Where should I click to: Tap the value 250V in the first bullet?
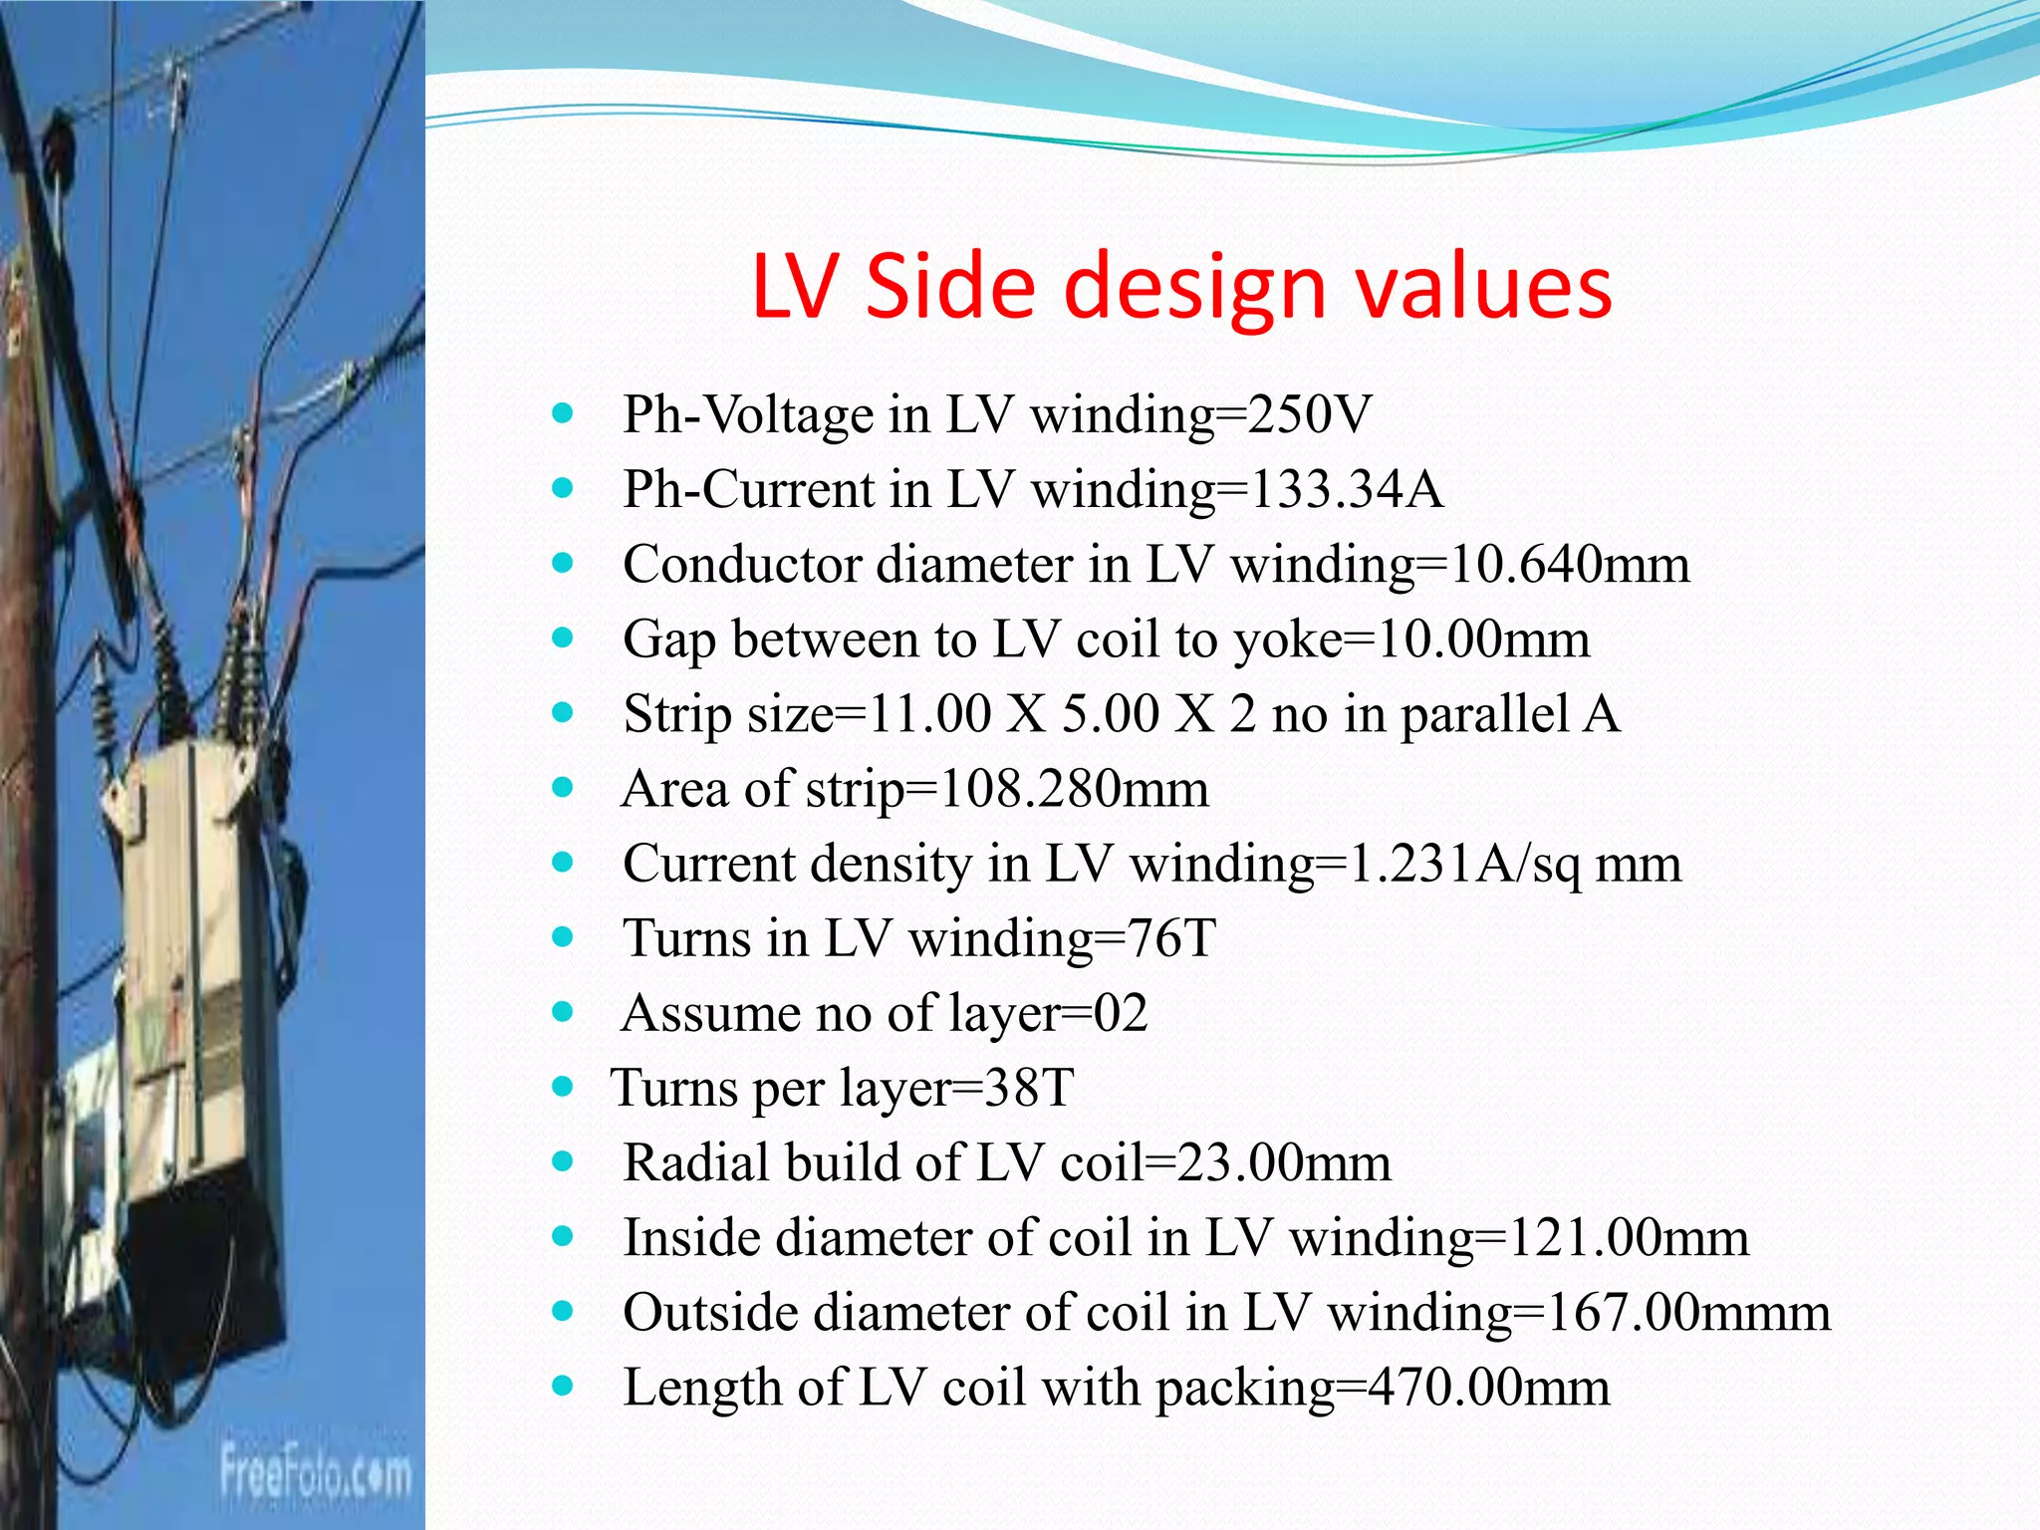click(x=1310, y=414)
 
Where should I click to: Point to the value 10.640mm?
click(x=1570, y=565)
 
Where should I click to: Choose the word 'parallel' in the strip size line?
click(x=1484, y=714)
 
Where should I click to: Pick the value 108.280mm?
click(x=1075, y=789)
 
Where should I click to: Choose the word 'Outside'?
click(x=710, y=1312)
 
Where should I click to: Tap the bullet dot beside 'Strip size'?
click(x=563, y=713)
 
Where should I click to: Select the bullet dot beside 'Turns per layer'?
click(x=563, y=1087)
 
